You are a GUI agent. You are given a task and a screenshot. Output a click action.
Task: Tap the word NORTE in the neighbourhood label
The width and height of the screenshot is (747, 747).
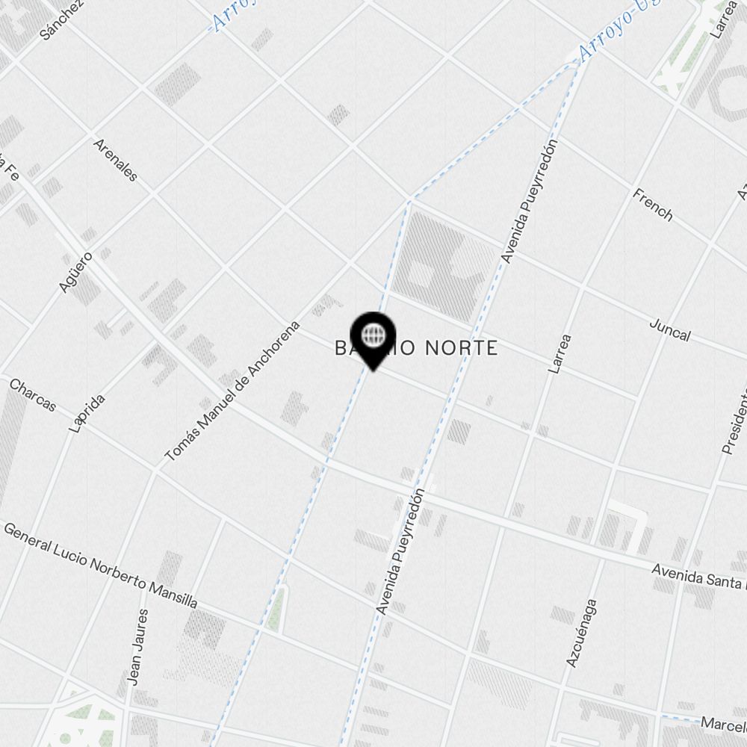(461, 348)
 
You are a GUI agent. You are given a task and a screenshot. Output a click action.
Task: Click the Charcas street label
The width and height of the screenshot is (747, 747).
(33, 394)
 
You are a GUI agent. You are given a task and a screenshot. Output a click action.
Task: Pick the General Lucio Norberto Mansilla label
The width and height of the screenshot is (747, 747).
(101, 565)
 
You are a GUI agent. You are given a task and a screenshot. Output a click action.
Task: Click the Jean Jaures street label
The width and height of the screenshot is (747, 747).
(138, 647)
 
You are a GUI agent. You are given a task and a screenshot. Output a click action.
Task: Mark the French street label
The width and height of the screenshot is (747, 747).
(652, 205)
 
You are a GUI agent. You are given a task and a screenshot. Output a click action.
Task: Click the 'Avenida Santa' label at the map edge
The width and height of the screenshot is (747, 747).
(698, 577)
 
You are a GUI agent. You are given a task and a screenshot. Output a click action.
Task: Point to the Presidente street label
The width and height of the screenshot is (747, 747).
(734, 421)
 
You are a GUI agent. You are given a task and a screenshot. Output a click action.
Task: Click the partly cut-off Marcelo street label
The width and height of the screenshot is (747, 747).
(723, 724)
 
